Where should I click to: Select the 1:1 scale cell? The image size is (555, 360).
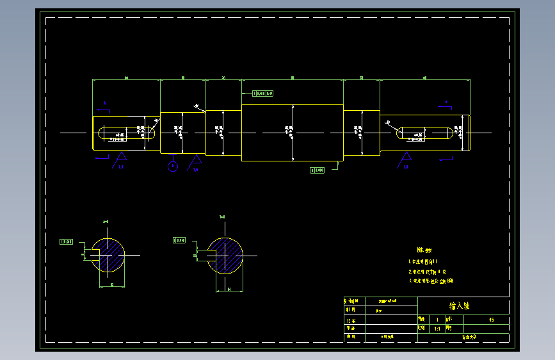(437, 328)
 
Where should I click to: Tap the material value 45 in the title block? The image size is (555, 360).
(491, 319)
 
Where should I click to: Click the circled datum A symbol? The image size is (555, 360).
(172, 167)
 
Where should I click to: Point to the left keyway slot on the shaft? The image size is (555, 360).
(127, 134)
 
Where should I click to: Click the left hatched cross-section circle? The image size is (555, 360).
(108, 254)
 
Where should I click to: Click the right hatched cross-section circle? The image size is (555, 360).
(226, 254)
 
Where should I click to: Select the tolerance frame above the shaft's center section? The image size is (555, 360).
(262, 94)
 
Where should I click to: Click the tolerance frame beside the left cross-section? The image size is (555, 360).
(66, 242)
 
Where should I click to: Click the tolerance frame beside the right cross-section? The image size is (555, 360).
(179, 240)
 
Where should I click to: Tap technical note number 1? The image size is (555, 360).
(422, 262)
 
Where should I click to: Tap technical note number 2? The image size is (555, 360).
(427, 272)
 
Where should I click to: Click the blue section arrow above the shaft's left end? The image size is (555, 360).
(104, 104)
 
